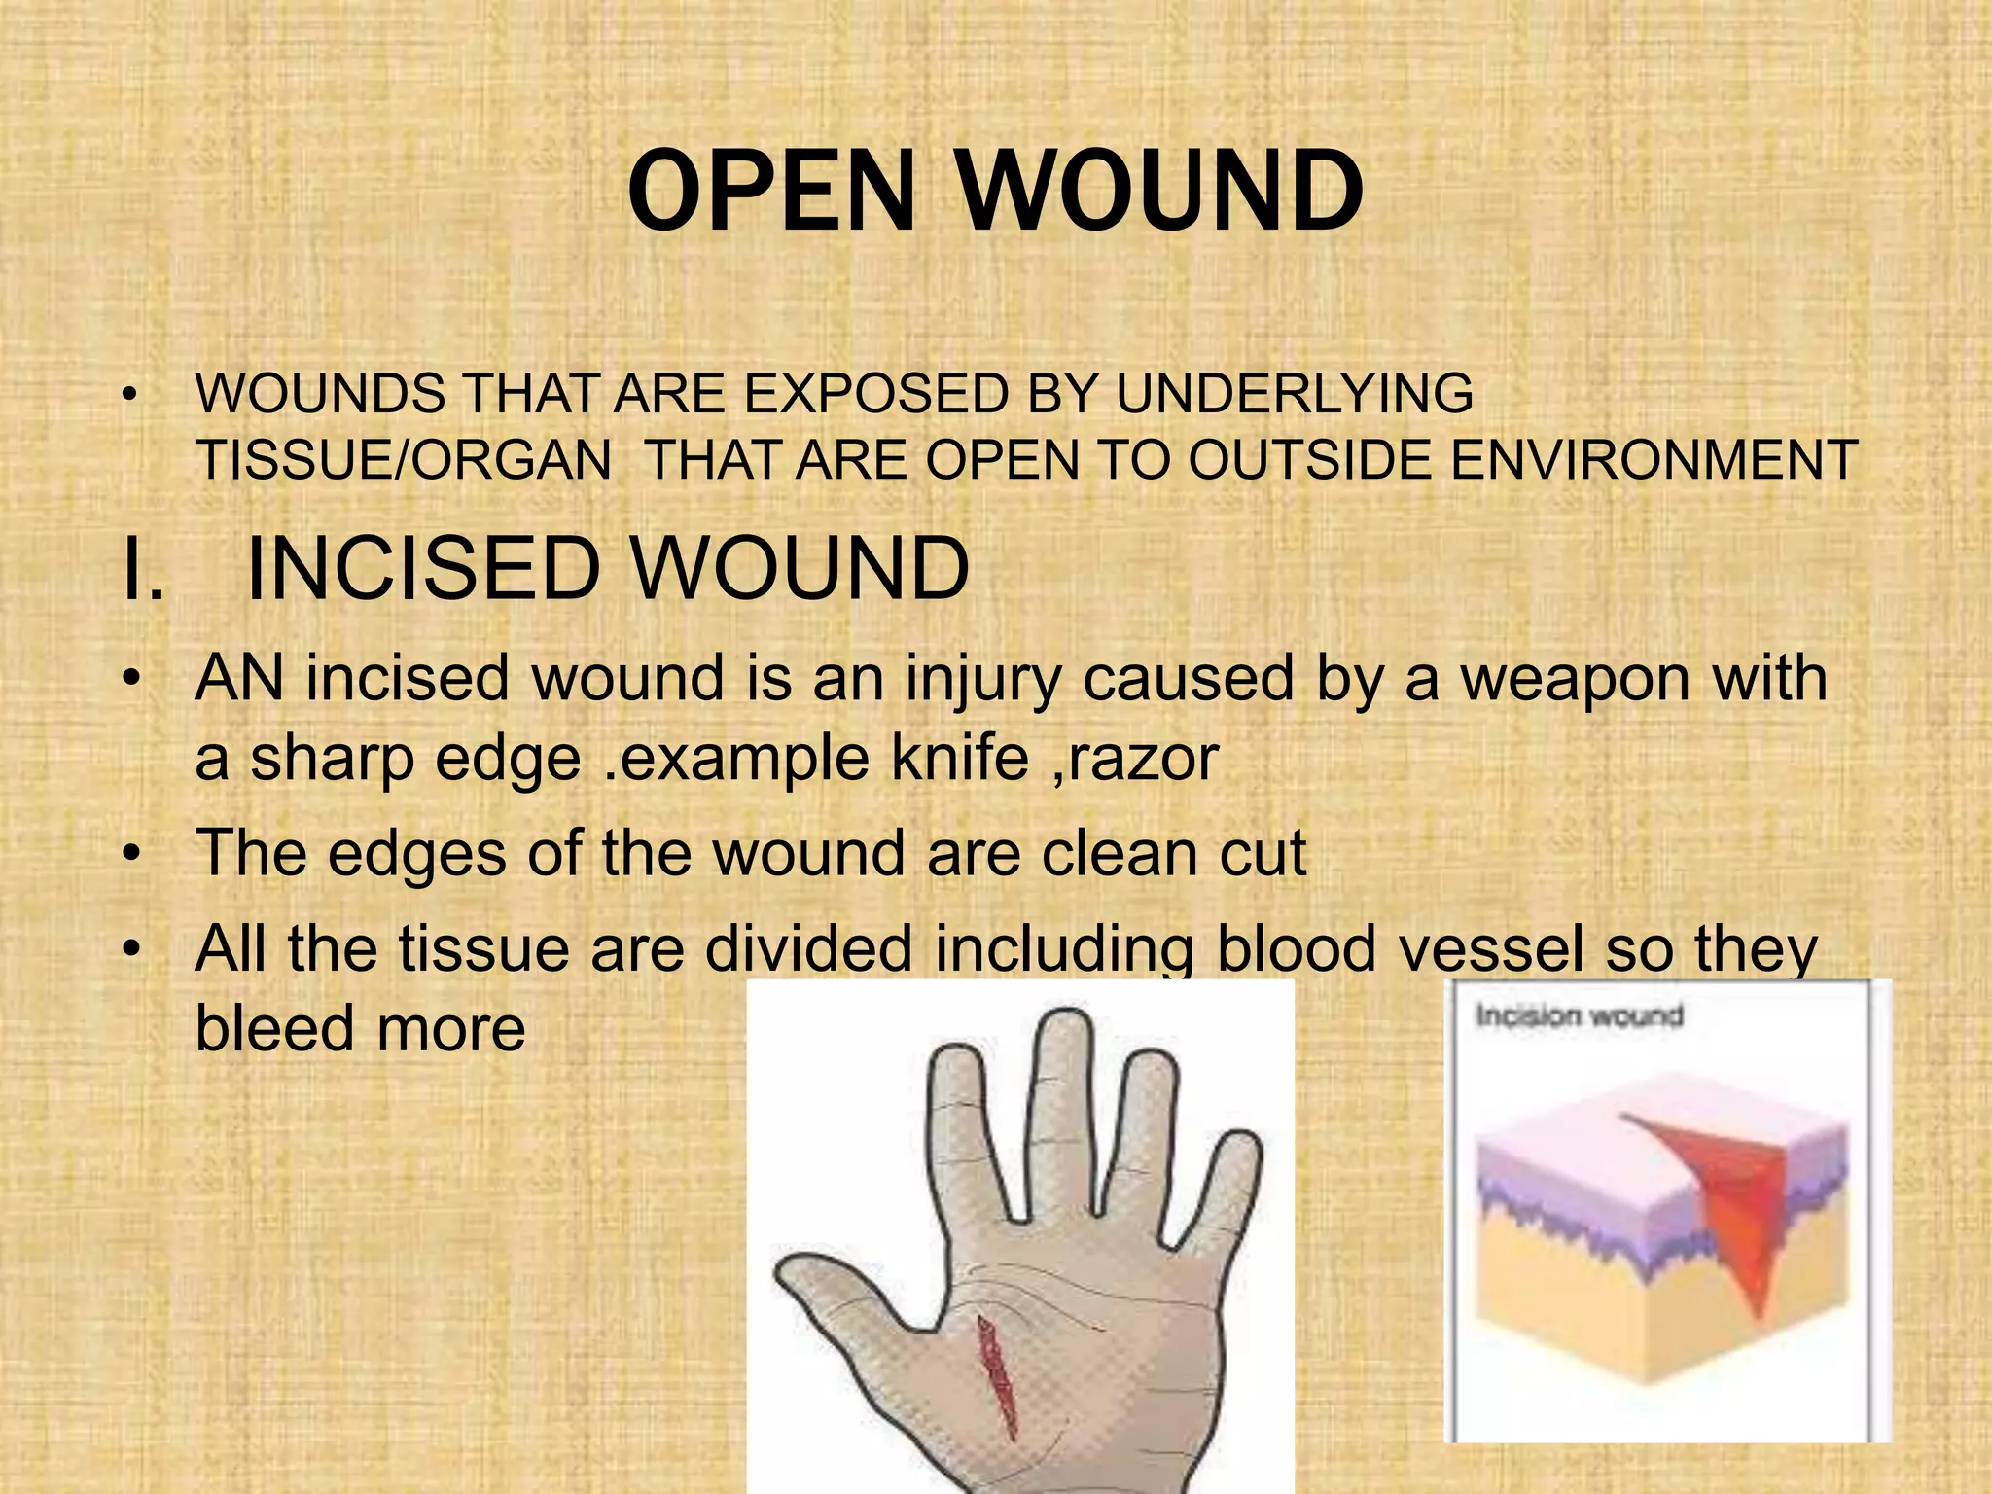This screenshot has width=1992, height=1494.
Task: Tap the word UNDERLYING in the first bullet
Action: [x=1294, y=394]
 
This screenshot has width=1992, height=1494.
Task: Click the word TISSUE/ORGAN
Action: [x=404, y=460]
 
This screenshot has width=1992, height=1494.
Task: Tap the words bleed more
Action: [x=360, y=1028]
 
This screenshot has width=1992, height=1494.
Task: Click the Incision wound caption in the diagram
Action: [x=1579, y=1016]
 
